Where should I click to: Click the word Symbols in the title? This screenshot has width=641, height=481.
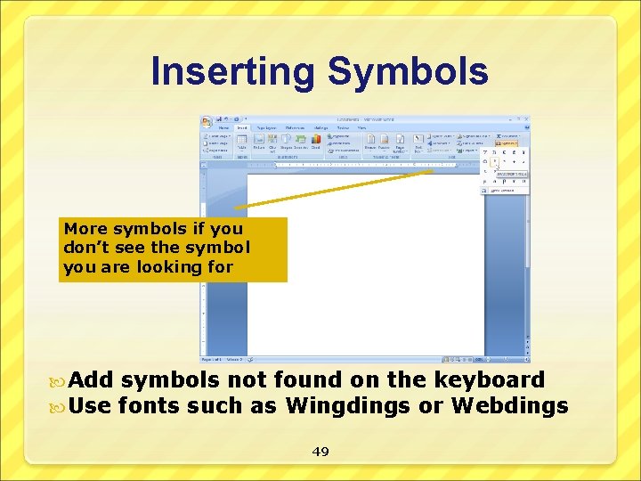coord(410,71)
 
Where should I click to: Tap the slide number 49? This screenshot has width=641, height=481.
coord(320,452)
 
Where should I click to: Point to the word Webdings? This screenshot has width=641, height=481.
coord(509,406)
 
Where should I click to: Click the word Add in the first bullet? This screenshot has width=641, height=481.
coord(91,380)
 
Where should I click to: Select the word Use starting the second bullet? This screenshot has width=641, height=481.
coord(90,406)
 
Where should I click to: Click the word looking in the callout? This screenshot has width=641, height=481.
coord(170,266)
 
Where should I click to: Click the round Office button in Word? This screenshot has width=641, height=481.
coord(207,120)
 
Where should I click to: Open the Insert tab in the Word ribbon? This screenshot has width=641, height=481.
coord(241,127)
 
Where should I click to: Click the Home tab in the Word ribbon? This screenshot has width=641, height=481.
coord(224,127)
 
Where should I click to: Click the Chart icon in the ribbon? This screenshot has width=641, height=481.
coord(315,140)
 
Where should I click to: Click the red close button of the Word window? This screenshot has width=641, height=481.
coord(527,118)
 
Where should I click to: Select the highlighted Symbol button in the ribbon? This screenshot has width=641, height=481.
coord(508,142)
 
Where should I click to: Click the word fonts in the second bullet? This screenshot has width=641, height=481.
coord(148,406)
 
